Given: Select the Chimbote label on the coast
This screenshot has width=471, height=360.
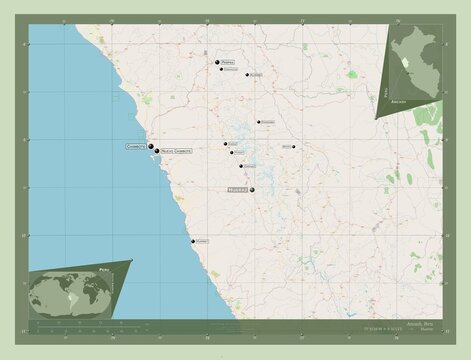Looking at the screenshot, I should [x=135, y=146].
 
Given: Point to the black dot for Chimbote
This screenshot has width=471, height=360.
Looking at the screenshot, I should [x=150, y=145].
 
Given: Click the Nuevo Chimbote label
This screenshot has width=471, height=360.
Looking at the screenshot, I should [x=176, y=150].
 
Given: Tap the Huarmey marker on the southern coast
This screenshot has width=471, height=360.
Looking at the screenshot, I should [x=193, y=241].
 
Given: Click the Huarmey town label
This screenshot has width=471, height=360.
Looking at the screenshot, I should [x=203, y=241].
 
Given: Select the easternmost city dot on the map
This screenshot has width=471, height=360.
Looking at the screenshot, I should [x=294, y=147].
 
